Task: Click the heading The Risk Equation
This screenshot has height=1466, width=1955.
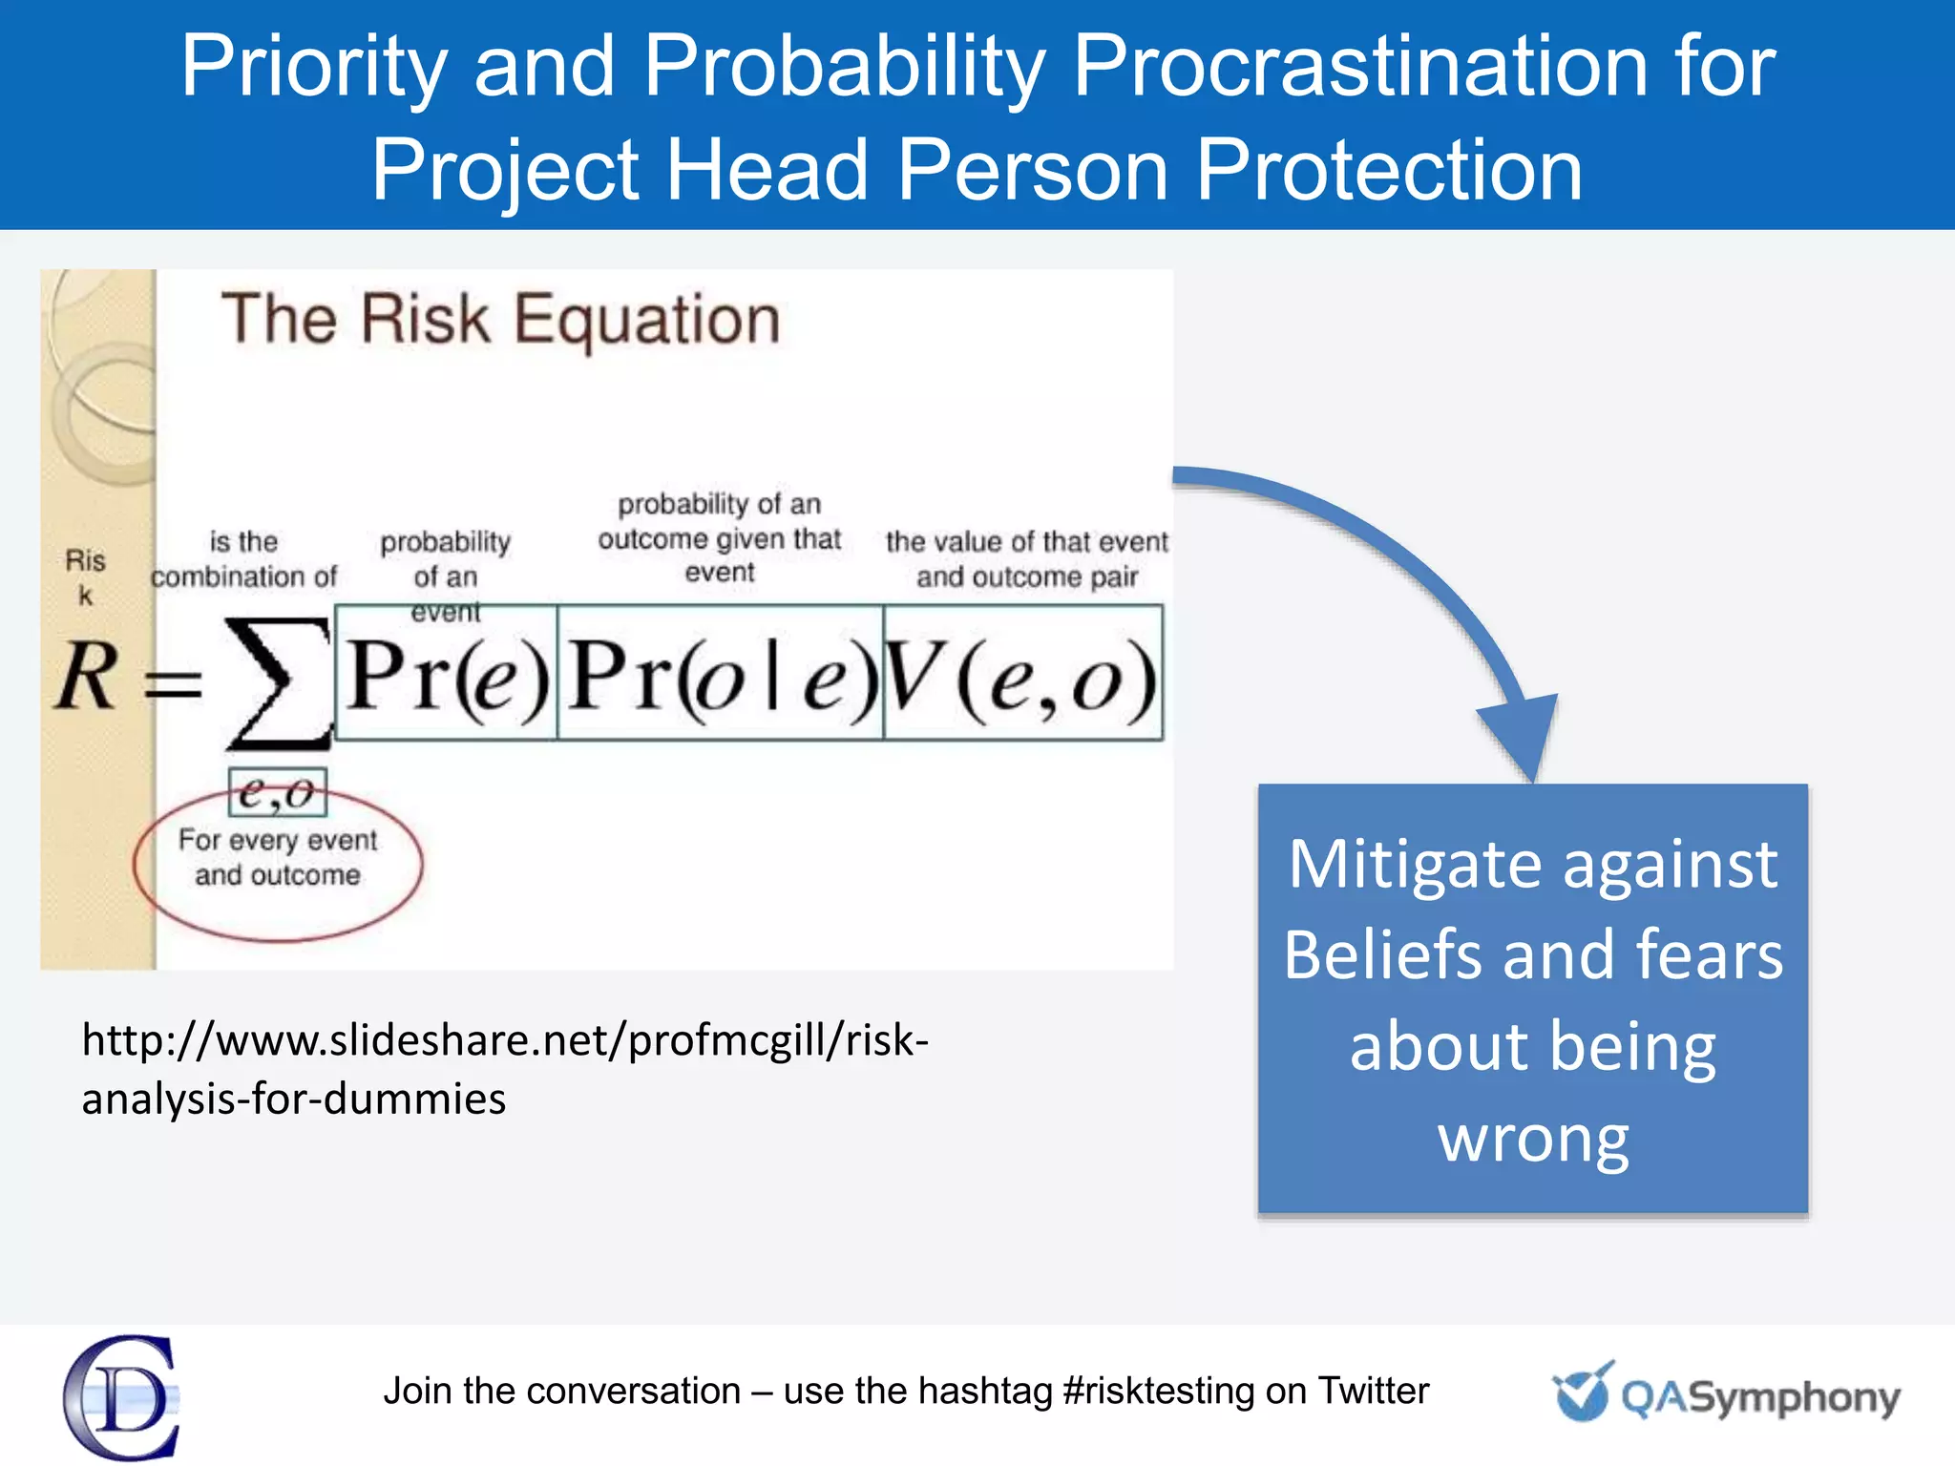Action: [501, 319]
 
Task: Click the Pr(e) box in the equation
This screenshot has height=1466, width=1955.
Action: [447, 673]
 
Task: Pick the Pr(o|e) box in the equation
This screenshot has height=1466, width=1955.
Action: [721, 673]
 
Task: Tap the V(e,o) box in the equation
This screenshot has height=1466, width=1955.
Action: [1022, 673]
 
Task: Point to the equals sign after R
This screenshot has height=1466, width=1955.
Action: [173, 683]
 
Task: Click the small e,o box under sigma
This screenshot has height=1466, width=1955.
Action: [278, 792]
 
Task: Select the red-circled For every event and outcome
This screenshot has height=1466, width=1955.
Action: [278, 858]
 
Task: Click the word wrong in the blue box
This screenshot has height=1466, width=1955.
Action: [1533, 1138]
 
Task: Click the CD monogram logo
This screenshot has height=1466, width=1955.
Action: [122, 1397]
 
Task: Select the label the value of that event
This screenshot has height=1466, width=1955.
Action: [1026, 541]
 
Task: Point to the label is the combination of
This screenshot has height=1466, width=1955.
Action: [243, 559]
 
